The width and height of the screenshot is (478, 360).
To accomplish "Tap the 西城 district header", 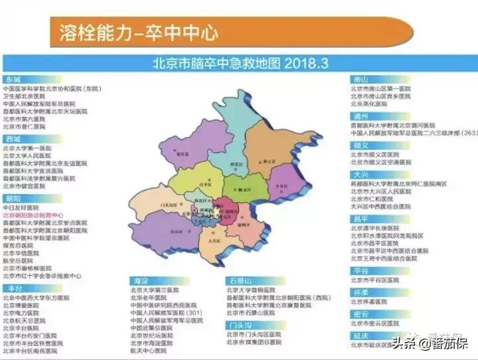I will [13, 139].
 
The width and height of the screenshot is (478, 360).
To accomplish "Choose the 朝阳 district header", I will [13, 198].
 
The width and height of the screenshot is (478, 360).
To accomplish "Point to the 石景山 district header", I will [237, 281].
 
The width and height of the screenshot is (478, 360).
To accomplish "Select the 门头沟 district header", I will [237, 325].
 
